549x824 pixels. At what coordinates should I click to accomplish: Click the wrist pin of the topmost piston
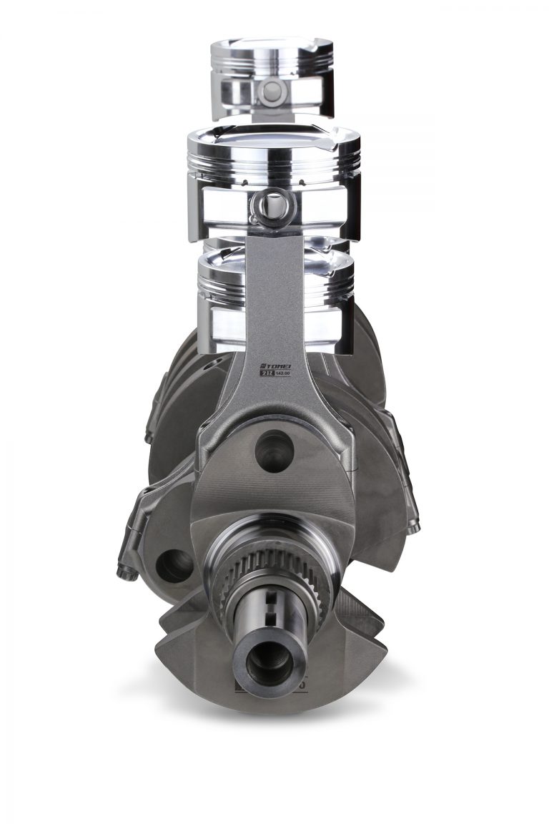272,91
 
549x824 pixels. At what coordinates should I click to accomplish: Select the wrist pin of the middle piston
272,206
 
